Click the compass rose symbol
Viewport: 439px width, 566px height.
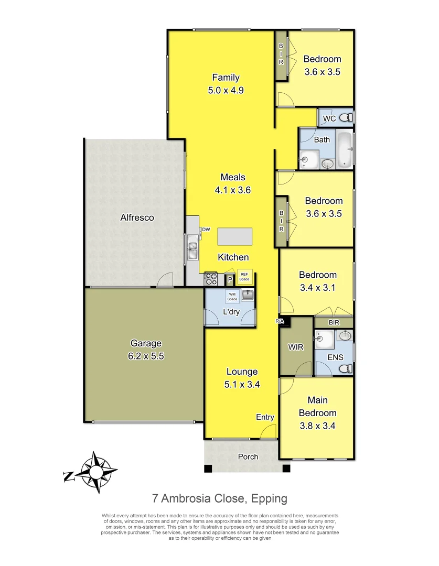click(96, 472)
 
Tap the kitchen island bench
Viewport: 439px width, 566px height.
click(234, 236)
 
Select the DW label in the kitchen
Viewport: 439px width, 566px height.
click(206, 230)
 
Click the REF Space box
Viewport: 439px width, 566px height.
click(244, 277)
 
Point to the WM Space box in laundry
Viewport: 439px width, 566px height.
click(232, 297)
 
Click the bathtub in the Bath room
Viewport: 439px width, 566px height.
click(345, 150)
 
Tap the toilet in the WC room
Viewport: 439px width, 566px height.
click(345, 118)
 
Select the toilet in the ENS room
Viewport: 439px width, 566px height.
click(345, 368)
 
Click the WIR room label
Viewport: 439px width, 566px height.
click(296, 347)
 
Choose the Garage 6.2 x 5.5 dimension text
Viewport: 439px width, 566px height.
click(146, 356)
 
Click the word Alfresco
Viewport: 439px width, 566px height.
click(137, 217)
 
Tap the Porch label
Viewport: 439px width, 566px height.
click(248, 456)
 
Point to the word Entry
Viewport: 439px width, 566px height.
click(265, 417)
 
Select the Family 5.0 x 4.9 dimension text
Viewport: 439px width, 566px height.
click(226, 90)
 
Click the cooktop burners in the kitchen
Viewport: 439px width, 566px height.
click(211, 278)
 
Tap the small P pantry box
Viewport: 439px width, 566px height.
click(229, 280)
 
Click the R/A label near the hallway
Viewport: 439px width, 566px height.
click(279, 320)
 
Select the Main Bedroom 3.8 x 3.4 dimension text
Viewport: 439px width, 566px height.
click(317, 426)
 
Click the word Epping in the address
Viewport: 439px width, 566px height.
click(269, 498)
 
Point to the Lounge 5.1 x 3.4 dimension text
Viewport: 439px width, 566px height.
click(242, 384)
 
